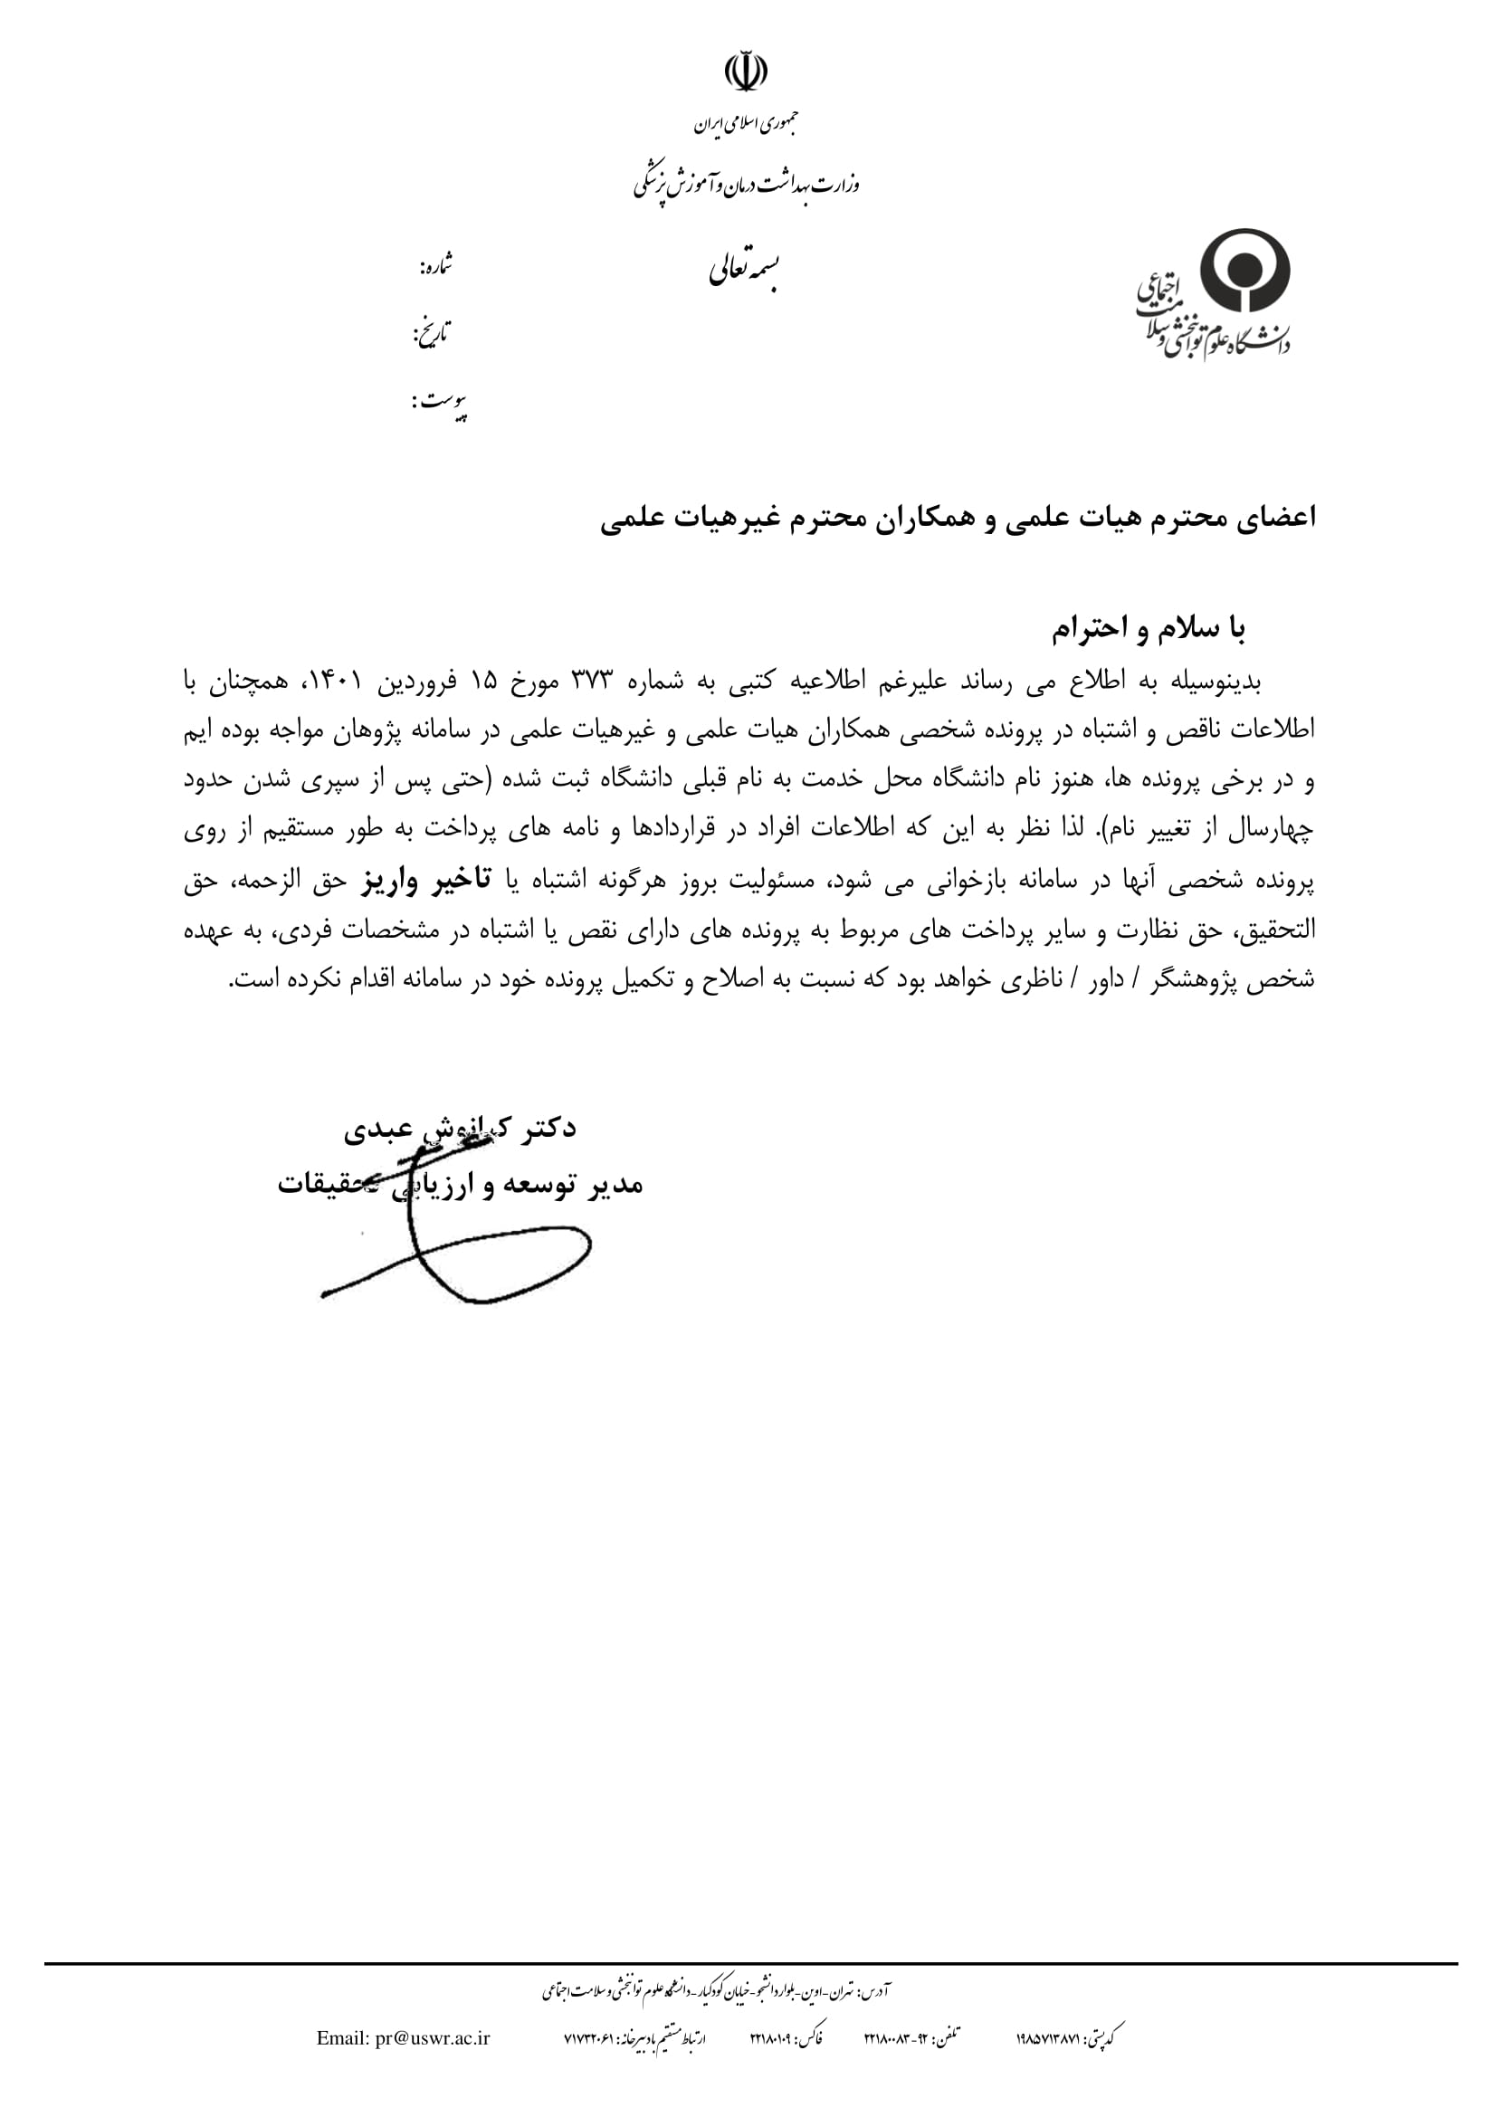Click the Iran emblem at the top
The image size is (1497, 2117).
(746, 72)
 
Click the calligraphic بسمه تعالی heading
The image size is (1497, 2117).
(746, 269)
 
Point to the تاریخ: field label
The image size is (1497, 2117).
(432, 333)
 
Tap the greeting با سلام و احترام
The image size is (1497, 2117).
(1149, 629)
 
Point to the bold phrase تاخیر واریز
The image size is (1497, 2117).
(426, 881)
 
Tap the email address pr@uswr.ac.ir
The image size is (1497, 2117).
(403, 2038)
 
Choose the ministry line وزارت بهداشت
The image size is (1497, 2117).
(746, 186)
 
